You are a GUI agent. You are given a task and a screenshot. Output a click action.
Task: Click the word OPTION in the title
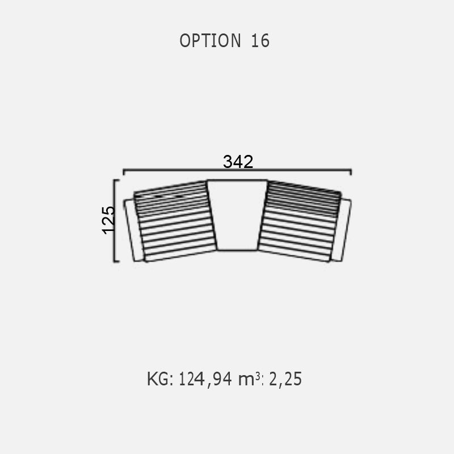(210, 40)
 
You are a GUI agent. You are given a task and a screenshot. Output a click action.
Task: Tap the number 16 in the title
(260, 40)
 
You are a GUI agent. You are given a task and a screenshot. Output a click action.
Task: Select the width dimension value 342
(238, 162)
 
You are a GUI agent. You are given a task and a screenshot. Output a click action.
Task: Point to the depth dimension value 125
(108, 220)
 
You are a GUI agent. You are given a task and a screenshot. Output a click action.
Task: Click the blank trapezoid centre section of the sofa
(237, 215)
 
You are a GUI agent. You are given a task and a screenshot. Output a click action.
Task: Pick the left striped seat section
(175, 221)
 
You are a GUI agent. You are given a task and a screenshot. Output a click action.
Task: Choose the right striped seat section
(300, 221)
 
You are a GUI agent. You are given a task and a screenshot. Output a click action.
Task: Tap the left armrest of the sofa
(133, 230)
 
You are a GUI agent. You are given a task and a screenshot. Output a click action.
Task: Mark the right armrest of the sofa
(342, 230)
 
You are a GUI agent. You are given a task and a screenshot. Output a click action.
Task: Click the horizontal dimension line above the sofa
(237, 170)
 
